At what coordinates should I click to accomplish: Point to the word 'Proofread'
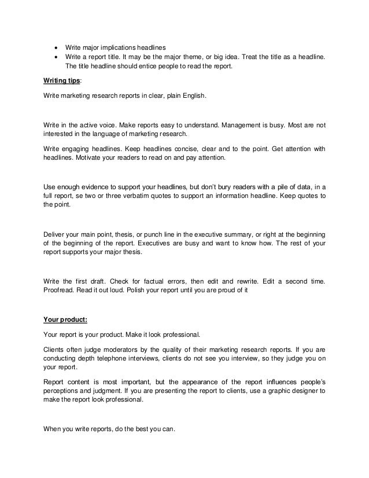tap(60, 291)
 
